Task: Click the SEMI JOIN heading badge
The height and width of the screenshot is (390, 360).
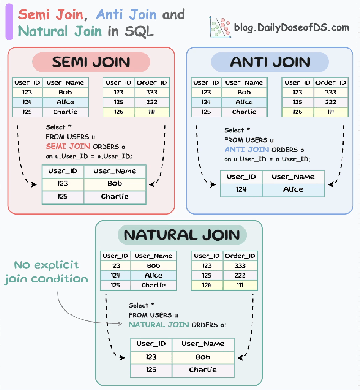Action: pos(91,62)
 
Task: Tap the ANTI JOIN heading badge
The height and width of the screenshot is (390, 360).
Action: pos(270,62)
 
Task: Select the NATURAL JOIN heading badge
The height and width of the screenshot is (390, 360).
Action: pos(182,235)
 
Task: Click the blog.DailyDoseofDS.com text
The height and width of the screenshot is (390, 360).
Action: pos(292,27)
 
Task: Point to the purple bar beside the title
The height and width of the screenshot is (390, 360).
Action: pos(9,24)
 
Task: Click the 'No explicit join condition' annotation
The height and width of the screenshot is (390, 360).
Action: pos(46,272)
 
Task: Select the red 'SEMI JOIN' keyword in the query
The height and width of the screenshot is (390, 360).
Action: pos(68,147)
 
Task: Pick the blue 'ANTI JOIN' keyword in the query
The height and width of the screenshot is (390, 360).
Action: pos(247,149)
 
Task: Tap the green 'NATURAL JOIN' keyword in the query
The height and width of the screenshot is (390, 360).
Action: pos(159,324)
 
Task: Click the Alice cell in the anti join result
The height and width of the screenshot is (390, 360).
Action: pos(293,189)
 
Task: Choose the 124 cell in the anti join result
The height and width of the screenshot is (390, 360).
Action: pos(241,189)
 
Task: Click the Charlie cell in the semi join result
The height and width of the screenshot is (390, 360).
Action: pos(115,197)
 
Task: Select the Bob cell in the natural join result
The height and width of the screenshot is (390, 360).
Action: pos(203,357)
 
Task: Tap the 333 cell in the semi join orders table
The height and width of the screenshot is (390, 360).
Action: pos(152,92)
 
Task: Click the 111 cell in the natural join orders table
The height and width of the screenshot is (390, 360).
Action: pos(240,285)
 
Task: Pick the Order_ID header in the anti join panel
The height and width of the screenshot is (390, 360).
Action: pos(331,83)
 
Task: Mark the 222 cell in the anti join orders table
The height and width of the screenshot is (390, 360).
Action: pos(331,102)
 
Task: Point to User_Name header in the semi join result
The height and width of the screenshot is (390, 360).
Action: pos(115,171)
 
